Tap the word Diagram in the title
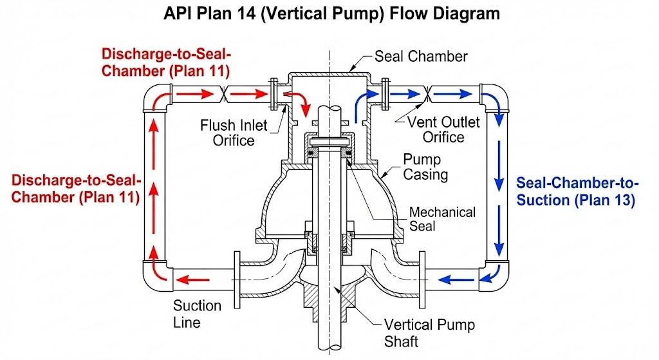click(x=467, y=13)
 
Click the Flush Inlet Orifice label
click(x=234, y=133)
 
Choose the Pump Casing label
click(x=425, y=166)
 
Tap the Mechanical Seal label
click(x=443, y=219)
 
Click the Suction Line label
click(x=196, y=313)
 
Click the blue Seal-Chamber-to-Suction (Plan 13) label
click(x=575, y=191)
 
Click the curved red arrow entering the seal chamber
click(x=298, y=100)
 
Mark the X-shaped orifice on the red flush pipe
click(x=221, y=94)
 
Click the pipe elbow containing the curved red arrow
click(x=156, y=98)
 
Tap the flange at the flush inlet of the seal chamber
click(x=275, y=95)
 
